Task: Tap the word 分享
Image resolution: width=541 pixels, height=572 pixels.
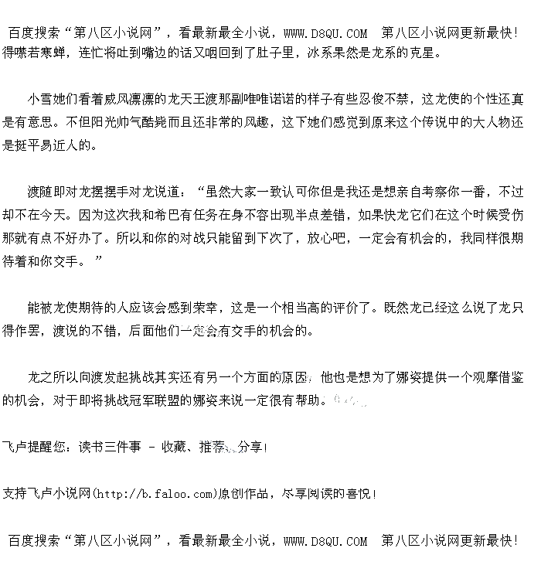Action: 250,447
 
